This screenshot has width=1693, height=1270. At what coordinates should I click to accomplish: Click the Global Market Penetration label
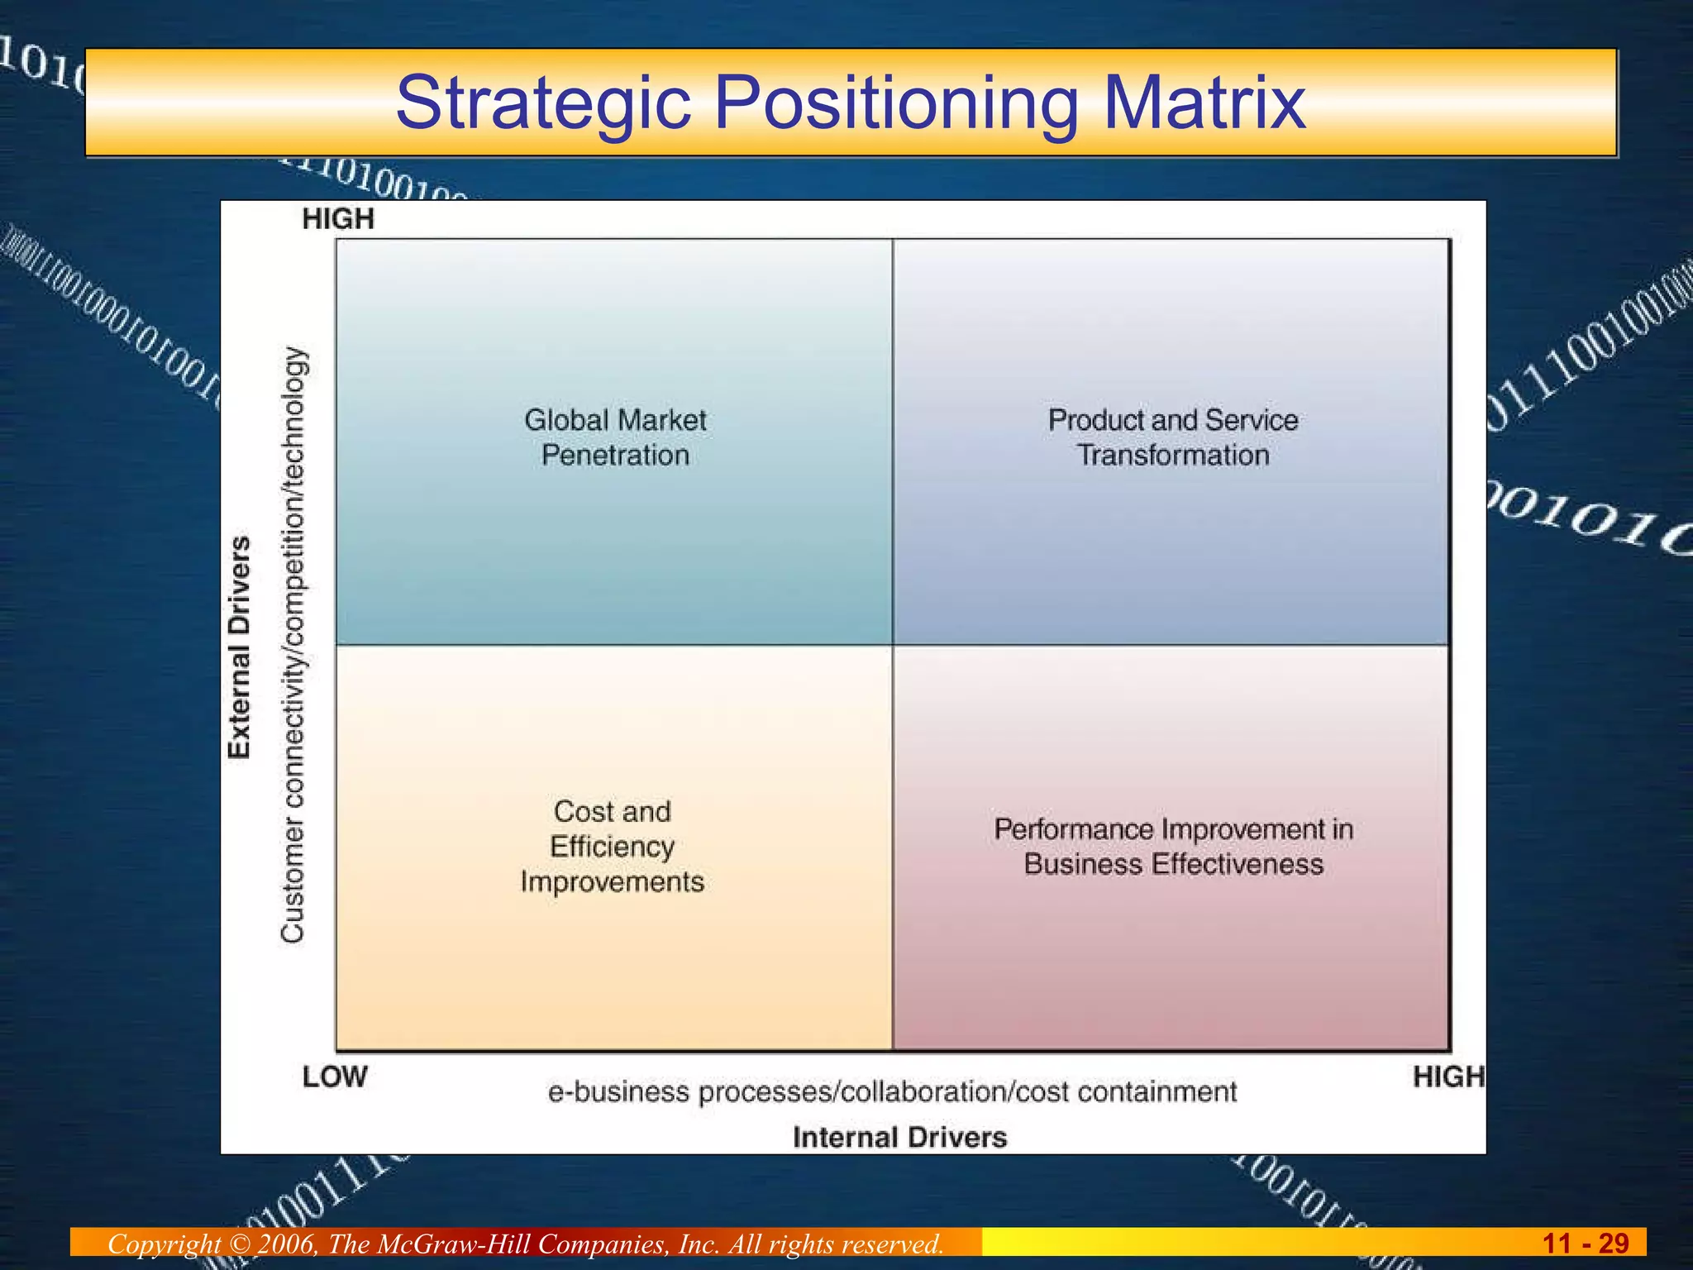pos(615,437)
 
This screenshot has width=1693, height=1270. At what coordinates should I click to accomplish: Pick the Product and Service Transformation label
pos(1172,437)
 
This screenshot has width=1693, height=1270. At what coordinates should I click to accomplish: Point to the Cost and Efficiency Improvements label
pos(613,846)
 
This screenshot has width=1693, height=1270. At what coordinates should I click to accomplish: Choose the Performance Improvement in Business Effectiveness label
pos(1173,846)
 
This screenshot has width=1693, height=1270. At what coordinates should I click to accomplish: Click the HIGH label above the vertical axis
pos(338,219)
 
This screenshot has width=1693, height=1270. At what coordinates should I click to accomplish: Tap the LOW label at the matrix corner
pos(335,1077)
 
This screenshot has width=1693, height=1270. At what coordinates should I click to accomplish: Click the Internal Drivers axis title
pos(899,1137)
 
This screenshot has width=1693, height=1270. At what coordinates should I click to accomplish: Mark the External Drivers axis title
pos(239,647)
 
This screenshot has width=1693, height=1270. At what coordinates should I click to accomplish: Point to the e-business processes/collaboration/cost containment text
pos(892,1092)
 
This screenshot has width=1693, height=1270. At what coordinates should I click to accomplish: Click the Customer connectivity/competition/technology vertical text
pos(293,644)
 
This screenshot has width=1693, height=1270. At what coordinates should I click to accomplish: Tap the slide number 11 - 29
pos(1585,1243)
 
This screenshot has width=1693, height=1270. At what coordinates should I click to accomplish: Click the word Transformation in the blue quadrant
pos(1172,456)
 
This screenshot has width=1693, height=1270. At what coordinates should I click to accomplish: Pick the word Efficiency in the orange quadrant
pos(613,847)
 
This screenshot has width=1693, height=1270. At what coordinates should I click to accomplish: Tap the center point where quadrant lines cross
pos(893,645)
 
